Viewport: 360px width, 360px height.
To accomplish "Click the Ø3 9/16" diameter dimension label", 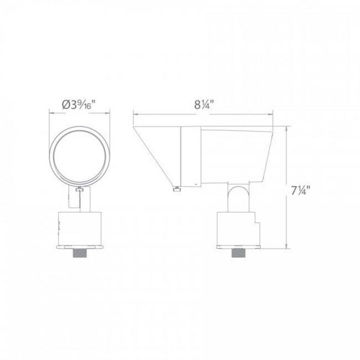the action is pyautogui.click(x=78, y=105).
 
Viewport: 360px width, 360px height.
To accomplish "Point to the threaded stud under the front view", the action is pyautogui.click(x=79, y=253).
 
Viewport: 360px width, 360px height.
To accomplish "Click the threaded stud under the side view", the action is pyautogui.click(x=239, y=253).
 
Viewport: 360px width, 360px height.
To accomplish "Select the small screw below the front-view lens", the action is pyautogui.click(x=80, y=189).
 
